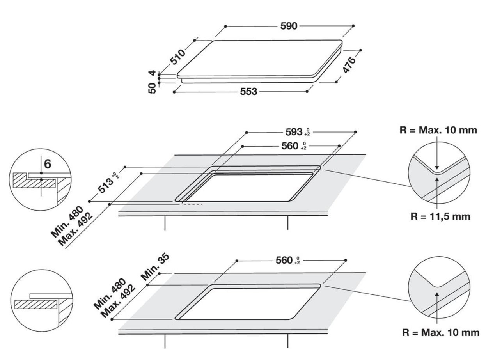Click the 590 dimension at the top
289,26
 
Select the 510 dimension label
177,58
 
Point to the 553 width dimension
248,91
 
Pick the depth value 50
153,88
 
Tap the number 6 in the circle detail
47,164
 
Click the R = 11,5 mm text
440,216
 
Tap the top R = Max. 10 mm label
438,130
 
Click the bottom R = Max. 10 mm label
440,333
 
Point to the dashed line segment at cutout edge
193,204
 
